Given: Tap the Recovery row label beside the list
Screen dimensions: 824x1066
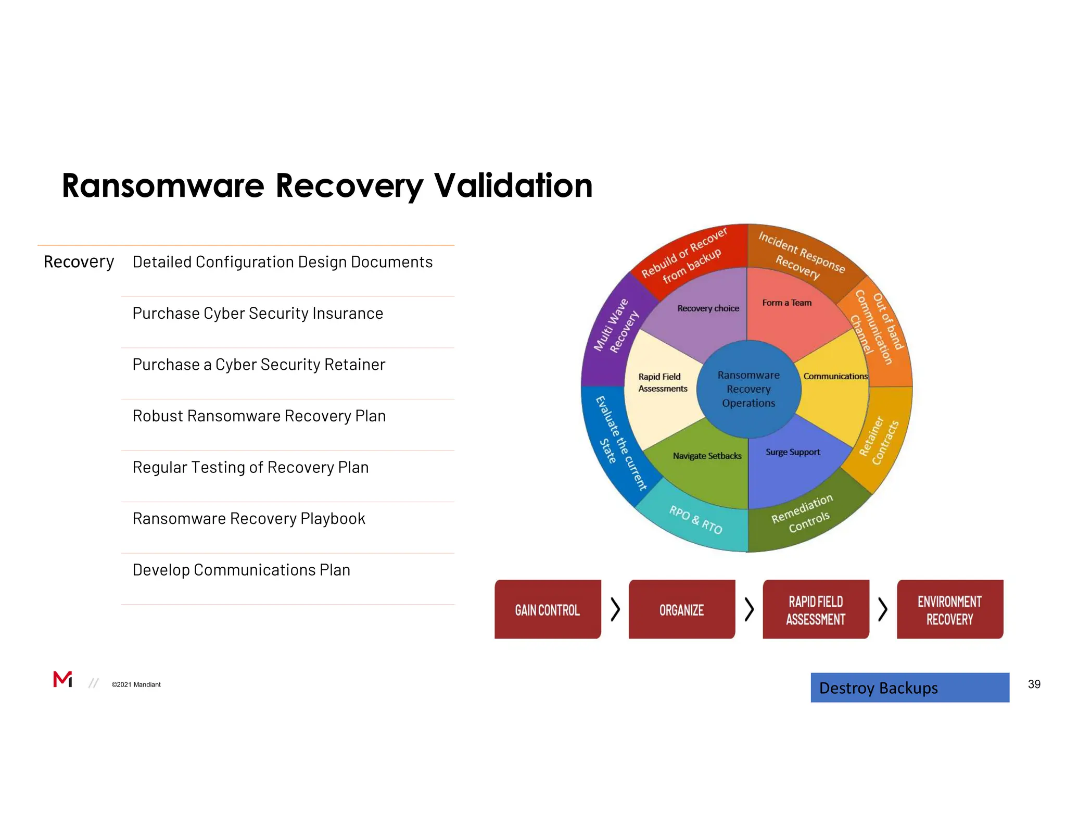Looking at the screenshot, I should [79, 261].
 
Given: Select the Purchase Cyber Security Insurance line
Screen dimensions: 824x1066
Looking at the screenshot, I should [258, 314].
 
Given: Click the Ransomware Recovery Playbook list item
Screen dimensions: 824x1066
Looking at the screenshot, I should [249, 519].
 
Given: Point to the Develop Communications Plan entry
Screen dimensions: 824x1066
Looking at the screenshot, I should [241, 570].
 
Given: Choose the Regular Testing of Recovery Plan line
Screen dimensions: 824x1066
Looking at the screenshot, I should [250, 467].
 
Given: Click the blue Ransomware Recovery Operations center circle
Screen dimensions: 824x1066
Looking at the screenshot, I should [748, 389].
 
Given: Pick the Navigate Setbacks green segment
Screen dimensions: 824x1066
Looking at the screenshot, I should [707, 466].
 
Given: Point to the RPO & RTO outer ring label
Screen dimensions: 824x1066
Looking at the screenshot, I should [695, 519].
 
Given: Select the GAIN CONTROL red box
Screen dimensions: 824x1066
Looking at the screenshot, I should [547, 609].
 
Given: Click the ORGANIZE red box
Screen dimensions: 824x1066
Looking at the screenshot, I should [681, 609].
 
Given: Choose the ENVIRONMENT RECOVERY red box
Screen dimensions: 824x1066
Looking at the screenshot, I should [949, 609].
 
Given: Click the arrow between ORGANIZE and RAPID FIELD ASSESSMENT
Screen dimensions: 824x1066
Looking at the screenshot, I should [749, 609].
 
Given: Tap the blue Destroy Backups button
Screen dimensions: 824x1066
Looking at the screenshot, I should [909, 688].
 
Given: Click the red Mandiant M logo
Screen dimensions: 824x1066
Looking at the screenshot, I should [62, 679].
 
